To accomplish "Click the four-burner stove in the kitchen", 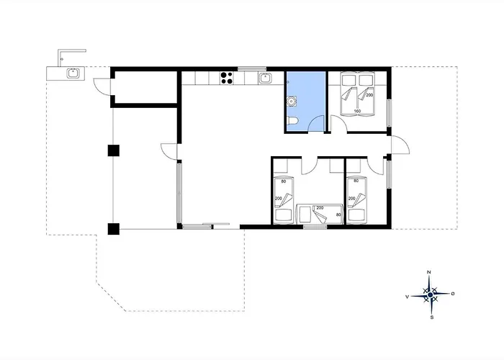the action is pyautogui.click(x=227, y=78).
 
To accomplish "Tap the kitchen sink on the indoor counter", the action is pyautogui.click(x=265, y=78).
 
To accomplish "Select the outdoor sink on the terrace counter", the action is pyautogui.click(x=73, y=73).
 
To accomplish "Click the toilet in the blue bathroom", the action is pyautogui.click(x=293, y=121).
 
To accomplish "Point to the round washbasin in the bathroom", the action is pyautogui.click(x=292, y=101).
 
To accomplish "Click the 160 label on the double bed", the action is pyautogui.click(x=357, y=111).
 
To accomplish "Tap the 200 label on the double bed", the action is pyautogui.click(x=369, y=95).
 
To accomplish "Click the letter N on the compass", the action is pyautogui.click(x=429, y=272).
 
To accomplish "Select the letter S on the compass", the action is pyautogui.click(x=432, y=318).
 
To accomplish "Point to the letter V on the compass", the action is pyautogui.click(x=408, y=297).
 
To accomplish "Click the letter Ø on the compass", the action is pyautogui.click(x=453, y=294).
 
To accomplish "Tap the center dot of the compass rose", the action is pyautogui.click(x=431, y=294).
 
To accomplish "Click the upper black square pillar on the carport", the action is pyautogui.click(x=114, y=150).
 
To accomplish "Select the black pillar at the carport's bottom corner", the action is pyautogui.click(x=114, y=229).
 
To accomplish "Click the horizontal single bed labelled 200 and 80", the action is pyautogui.click(x=320, y=214).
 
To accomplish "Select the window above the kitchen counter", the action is pyautogui.click(x=252, y=69).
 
